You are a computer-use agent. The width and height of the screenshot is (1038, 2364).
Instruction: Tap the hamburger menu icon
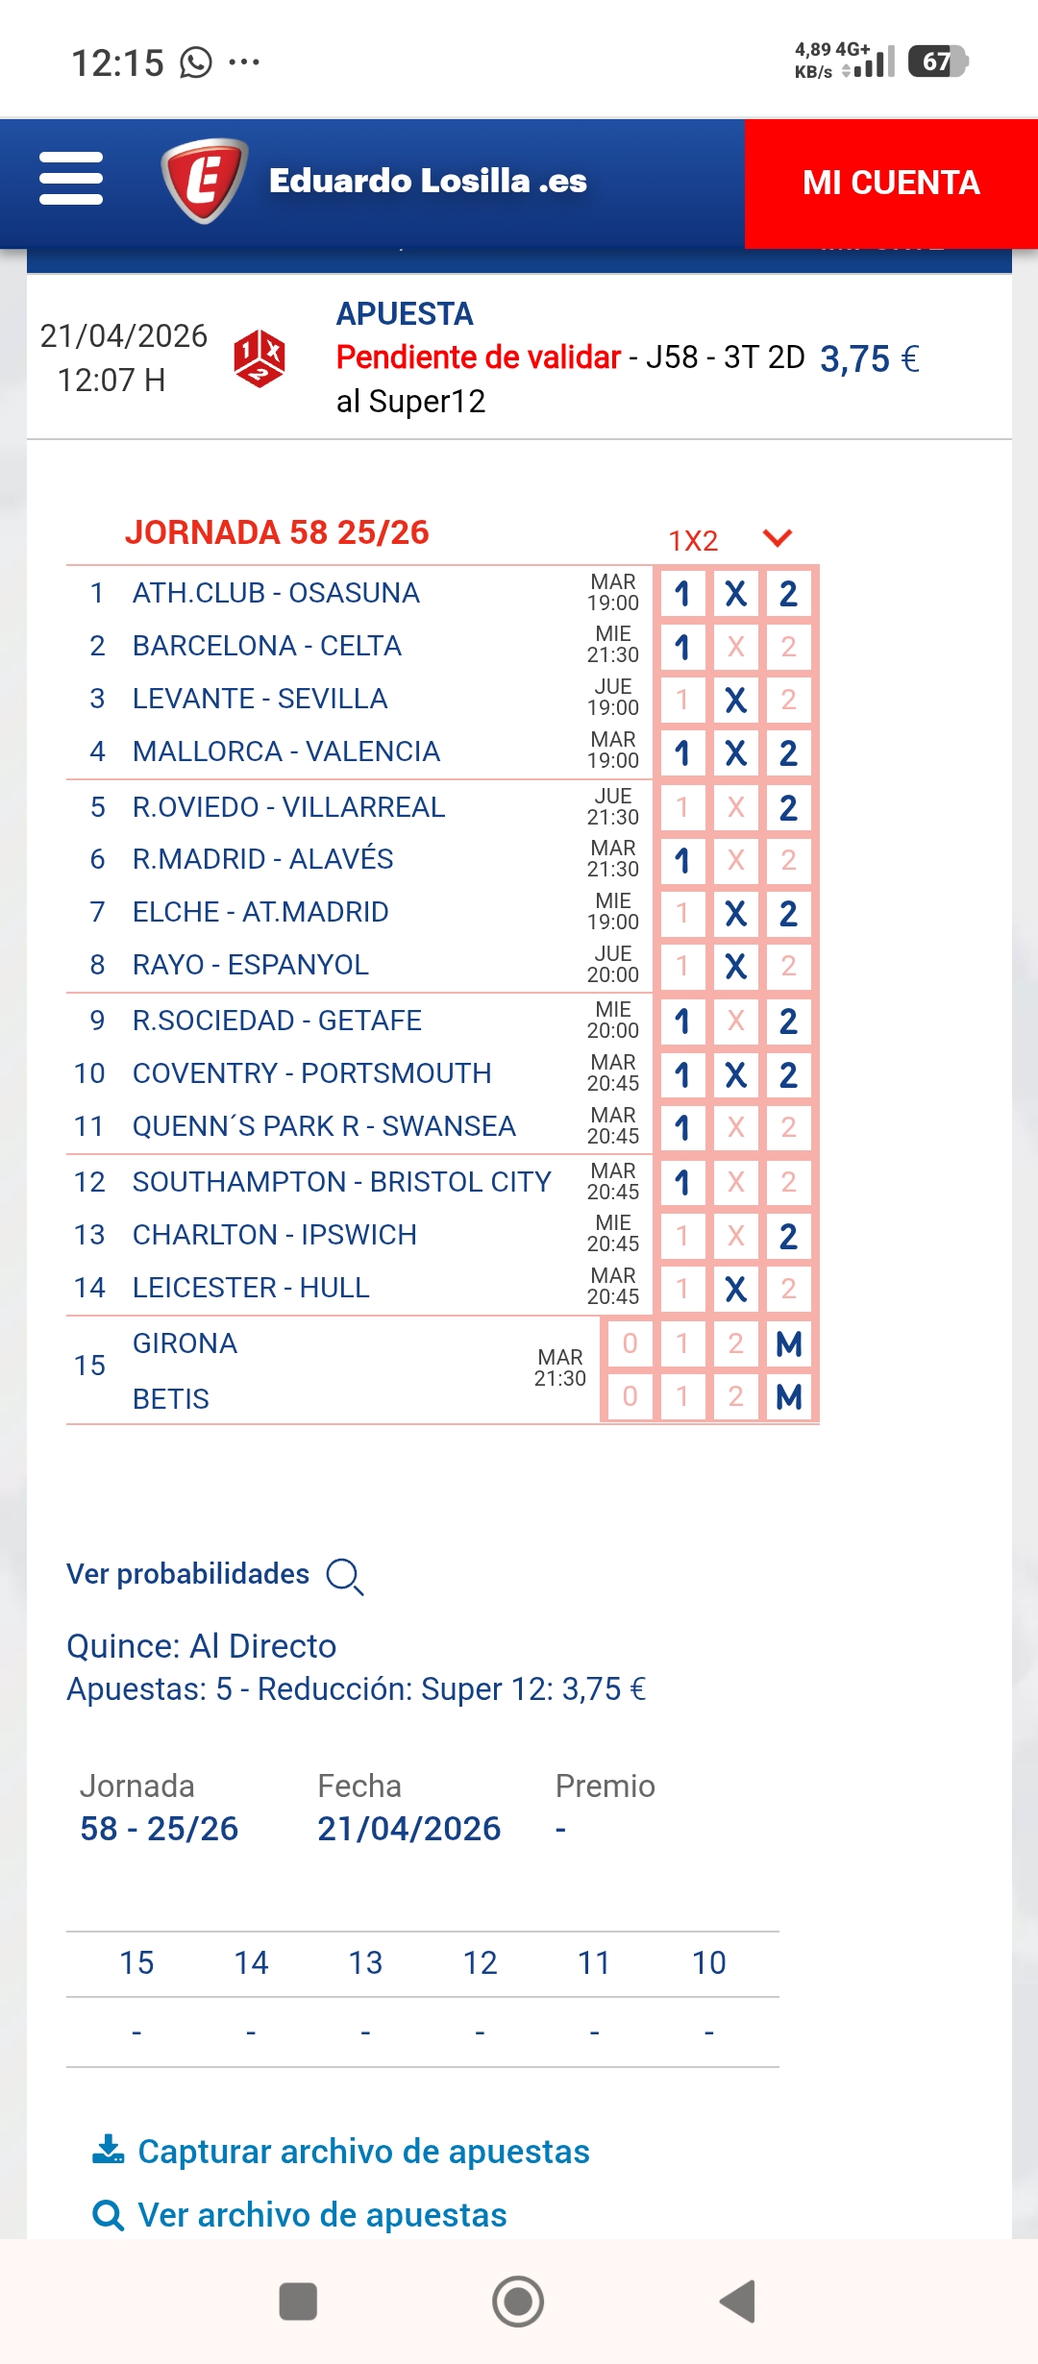pyautogui.click(x=71, y=179)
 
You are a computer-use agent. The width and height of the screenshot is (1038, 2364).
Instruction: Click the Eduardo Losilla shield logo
pyautogui.click(x=204, y=181)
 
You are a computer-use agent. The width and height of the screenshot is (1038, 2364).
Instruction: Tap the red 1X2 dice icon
pyautogui.click(x=259, y=358)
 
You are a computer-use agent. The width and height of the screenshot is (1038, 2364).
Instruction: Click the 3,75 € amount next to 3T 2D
pyautogui.click(x=869, y=359)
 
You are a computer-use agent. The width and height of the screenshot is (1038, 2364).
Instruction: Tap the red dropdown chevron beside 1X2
pyautogui.click(x=777, y=538)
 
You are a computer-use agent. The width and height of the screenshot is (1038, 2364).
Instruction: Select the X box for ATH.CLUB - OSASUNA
pyautogui.click(x=735, y=594)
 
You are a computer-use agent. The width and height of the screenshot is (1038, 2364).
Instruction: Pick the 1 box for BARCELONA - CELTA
pyautogui.click(x=682, y=647)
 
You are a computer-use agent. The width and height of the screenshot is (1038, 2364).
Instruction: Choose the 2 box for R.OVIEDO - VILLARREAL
pyautogui.click(x=788, y=807)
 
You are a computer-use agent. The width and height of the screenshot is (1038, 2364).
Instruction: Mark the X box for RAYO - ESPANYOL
pyautogui.click(x=735, y=965)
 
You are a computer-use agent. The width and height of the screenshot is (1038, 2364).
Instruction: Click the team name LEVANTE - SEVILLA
pyautogui.click(x=259, y=699)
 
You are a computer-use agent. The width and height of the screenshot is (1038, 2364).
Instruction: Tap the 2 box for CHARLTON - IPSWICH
pyautogui.click(x=788, y=1236)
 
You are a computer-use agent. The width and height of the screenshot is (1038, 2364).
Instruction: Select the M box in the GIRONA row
pyautogui.click(x=788, y=1343)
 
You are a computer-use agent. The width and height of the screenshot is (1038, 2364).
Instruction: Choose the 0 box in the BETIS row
pyautogui.click(x=630, y=1396)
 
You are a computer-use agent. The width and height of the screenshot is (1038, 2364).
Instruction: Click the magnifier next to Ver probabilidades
pyautogui.click(x=344, y=1576)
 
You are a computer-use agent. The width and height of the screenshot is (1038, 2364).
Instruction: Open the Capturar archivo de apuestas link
pyautogui.click(x=362, y=2152)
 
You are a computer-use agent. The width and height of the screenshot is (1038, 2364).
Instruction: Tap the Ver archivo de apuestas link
pyautogui.click(x=321, y=2215)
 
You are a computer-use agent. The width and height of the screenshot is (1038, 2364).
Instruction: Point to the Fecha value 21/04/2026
pyautogui.click(x=408, y=1829)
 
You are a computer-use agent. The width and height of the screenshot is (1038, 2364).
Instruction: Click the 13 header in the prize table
pyautogui.click(x=365, y=1963)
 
